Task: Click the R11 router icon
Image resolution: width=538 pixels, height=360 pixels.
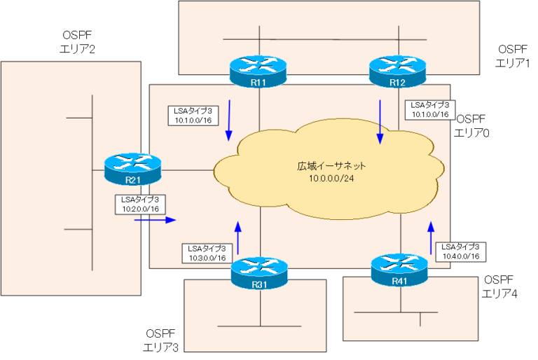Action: [x=258, y=72]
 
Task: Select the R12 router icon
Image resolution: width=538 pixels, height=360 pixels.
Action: [x=398, y=72]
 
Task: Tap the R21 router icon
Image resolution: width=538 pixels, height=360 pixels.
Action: [x=132, y=169]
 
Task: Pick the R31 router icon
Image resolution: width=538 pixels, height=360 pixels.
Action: [x=259, y=273]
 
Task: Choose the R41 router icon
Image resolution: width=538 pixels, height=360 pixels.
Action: [x=400, y=273]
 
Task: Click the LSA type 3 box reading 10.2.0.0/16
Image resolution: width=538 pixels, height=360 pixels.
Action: [x=139, y=204]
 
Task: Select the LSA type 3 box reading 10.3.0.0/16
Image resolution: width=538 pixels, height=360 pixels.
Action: [x=207, y=252]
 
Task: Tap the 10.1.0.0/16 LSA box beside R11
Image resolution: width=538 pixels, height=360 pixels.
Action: [x=193, y=115]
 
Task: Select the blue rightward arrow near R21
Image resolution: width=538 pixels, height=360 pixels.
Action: [x=154, y=219]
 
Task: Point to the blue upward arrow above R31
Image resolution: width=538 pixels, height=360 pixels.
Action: [x=237, y=237]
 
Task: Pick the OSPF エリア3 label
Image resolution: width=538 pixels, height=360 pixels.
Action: [x=163, y=340]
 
